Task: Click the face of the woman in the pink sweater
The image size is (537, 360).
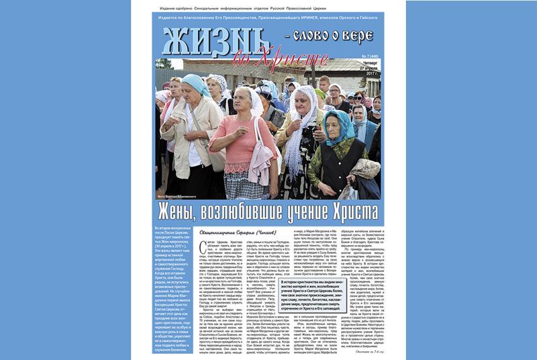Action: pyautogui.click(x=240, y=101)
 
